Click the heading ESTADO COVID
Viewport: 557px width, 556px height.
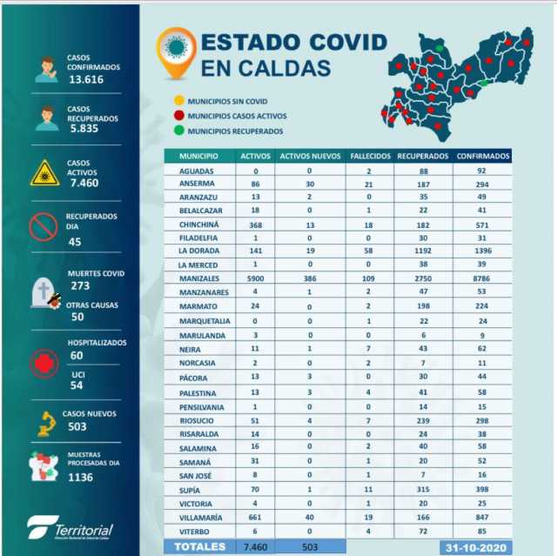(x=293, y=42)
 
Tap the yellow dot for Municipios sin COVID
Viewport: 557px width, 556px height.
(x=178, y=101)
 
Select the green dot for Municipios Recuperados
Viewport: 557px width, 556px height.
(x=178, y=131)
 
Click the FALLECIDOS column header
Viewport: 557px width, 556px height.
(x=370, y=156)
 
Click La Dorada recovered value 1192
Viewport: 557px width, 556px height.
(x=422, y=250)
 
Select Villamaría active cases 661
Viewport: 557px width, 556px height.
(x=256, y=517)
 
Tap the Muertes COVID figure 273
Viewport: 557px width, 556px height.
(x=81, y=285)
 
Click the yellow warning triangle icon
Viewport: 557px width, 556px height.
(x=44, y=173)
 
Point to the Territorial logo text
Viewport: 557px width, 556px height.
(x=83, y=528)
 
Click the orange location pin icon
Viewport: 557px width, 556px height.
(x=176, y=50)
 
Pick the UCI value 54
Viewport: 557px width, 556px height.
(x=77, y=385)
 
